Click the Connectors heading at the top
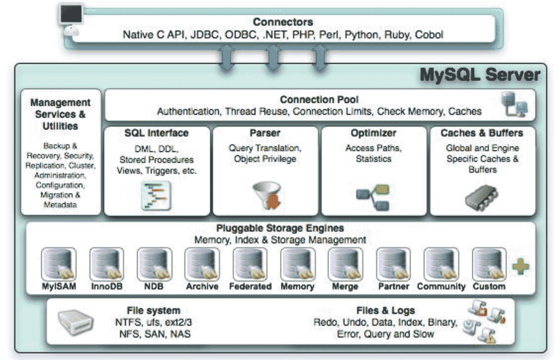point(283,21)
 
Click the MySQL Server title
point(480,75)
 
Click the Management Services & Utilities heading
point(60,114)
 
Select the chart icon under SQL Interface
point(156,195)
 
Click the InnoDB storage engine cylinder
point(106,264)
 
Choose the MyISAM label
point(59,286)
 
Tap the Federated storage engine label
point(250,286)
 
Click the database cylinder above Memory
point(297,264)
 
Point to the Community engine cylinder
point(441,264)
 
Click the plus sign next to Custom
point(521,267)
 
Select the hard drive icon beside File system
point(76,321)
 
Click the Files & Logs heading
point(386,310)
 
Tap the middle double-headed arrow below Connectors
point(273,59)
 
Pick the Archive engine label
point(202,286)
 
